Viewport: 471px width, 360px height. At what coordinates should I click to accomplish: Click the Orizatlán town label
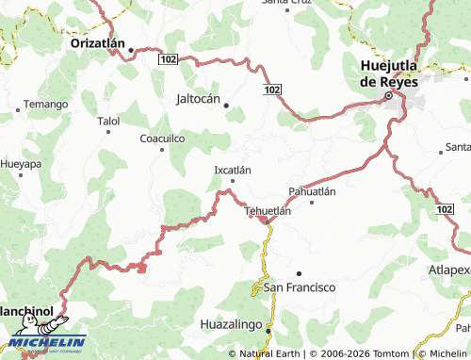[x=99, y=43]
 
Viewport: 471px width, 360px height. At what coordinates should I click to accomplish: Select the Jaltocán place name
[x=198, y=98]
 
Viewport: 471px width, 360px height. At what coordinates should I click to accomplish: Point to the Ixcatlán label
[x=233, y=170]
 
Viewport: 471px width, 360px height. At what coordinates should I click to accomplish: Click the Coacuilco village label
[x=162, y=138]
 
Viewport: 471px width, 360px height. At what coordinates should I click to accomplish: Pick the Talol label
[x=109, y=122]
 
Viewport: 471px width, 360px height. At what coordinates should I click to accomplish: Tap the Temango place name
[x=46, y=104]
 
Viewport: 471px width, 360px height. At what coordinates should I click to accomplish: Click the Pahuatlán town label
[x=312, y=191]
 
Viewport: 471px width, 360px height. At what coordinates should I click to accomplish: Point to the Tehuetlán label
[x=268, y=211]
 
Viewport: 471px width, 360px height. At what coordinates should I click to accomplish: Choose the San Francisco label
[x=299, y=286]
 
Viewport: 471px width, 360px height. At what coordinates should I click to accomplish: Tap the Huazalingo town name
[x=232, y=324]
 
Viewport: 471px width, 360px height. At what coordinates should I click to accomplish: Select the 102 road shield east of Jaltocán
[x=271, y=89]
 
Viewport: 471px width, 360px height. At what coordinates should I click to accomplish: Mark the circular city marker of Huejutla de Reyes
[x=387, y=96]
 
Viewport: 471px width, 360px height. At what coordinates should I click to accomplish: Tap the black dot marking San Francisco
[x=299, y=272]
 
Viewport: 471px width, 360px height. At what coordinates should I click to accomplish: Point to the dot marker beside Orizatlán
[x=132, y=49]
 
